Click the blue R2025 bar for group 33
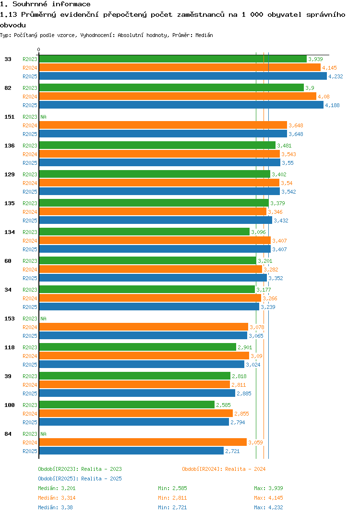(182, 76)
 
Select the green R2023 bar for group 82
(171, 87)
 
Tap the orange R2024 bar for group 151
(163, 125)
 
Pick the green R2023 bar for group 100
(127, 405)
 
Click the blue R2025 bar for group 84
(131, 451)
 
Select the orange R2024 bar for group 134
(155, 240)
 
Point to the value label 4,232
(336, 76)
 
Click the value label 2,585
(223, 405)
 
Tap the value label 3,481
(284, 146)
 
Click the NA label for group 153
(43, 319)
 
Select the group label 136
(9, 146)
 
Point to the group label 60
(8, 261)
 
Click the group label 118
(9, 347)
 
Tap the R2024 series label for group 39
(30, 385)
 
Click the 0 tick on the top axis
(39, 49)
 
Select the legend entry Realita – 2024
(224, 469)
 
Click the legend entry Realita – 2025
(80, 479)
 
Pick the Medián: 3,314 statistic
(57, 498)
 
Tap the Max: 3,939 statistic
(266, 488)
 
